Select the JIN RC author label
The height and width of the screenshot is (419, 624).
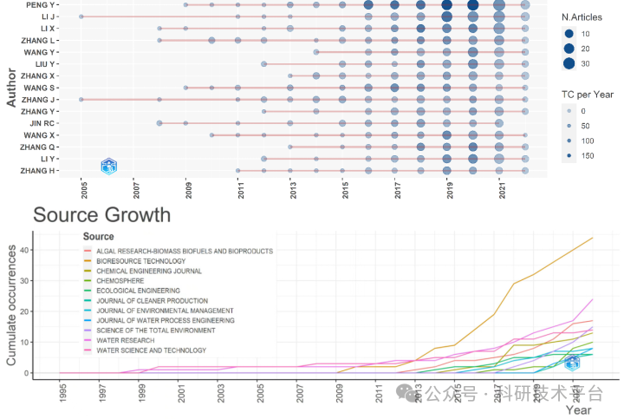coord(46,123)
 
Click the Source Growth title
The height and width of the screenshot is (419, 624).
coord(101,215)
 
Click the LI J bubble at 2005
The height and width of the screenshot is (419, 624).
coord(81,17)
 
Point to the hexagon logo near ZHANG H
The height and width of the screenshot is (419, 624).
coord(108,166)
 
